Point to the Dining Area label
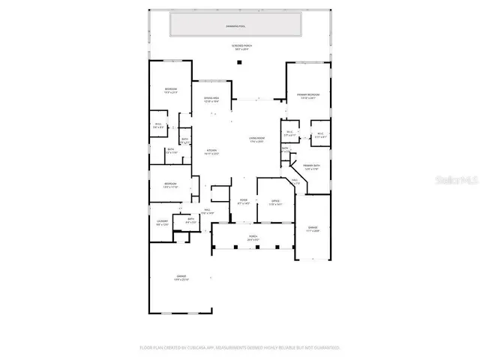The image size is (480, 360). (x=211, y=100)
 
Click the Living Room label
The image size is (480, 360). (x=257, y=139)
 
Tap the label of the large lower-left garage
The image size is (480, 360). (x=181, y=277)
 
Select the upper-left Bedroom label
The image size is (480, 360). (x=170, y=91)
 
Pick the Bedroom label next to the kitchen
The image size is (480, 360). (x=170, y=184)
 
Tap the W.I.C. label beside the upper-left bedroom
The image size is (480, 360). (x=157, y=125)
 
